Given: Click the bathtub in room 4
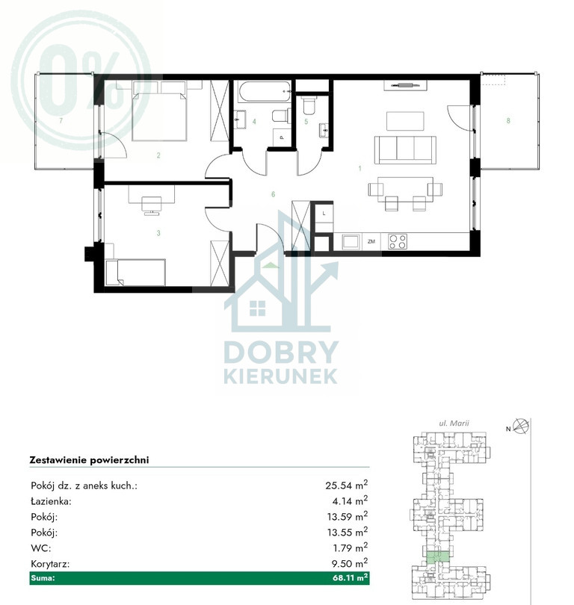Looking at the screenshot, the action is pyautogui.click(x=264, y=91).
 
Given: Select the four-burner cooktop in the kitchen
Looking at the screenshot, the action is pyautogui.click(x=397, y=241).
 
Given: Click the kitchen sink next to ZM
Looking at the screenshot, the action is pyautogui.click(x=351, y=242).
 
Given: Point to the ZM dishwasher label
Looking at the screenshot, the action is pyautogui.click(x=371, y=241).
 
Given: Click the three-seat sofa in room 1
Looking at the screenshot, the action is pyautogui.click(x=405, y=149).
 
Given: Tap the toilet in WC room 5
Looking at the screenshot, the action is pyautogui.click(x=309, y=106).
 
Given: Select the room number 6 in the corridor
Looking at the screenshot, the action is pyautogui.click(x=274, y=194).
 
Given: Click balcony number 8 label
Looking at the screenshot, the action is pyautogui.click(x=508, y=120).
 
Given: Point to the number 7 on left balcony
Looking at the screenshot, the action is pyautogui.click(x=61, y=120).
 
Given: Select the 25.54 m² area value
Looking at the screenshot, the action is pyautogui.click(x=346, y=485).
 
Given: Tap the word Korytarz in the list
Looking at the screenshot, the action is pyautogui.click(x=50, y=564).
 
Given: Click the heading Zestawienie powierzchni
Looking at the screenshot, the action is pyautogui.click(x=89, y=460).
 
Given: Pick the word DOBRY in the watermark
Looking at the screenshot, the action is pyautogui.click(x=281, y=352).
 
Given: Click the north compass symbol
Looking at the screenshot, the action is pyautogui.click(x=522, y=426).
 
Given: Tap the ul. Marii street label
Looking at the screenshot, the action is pyautogui.click(x=454, y=423).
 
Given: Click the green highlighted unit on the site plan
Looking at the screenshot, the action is pyautogui.click(x=438, y=558).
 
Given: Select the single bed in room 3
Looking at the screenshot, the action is pyautogui.click(x=135, y=273).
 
